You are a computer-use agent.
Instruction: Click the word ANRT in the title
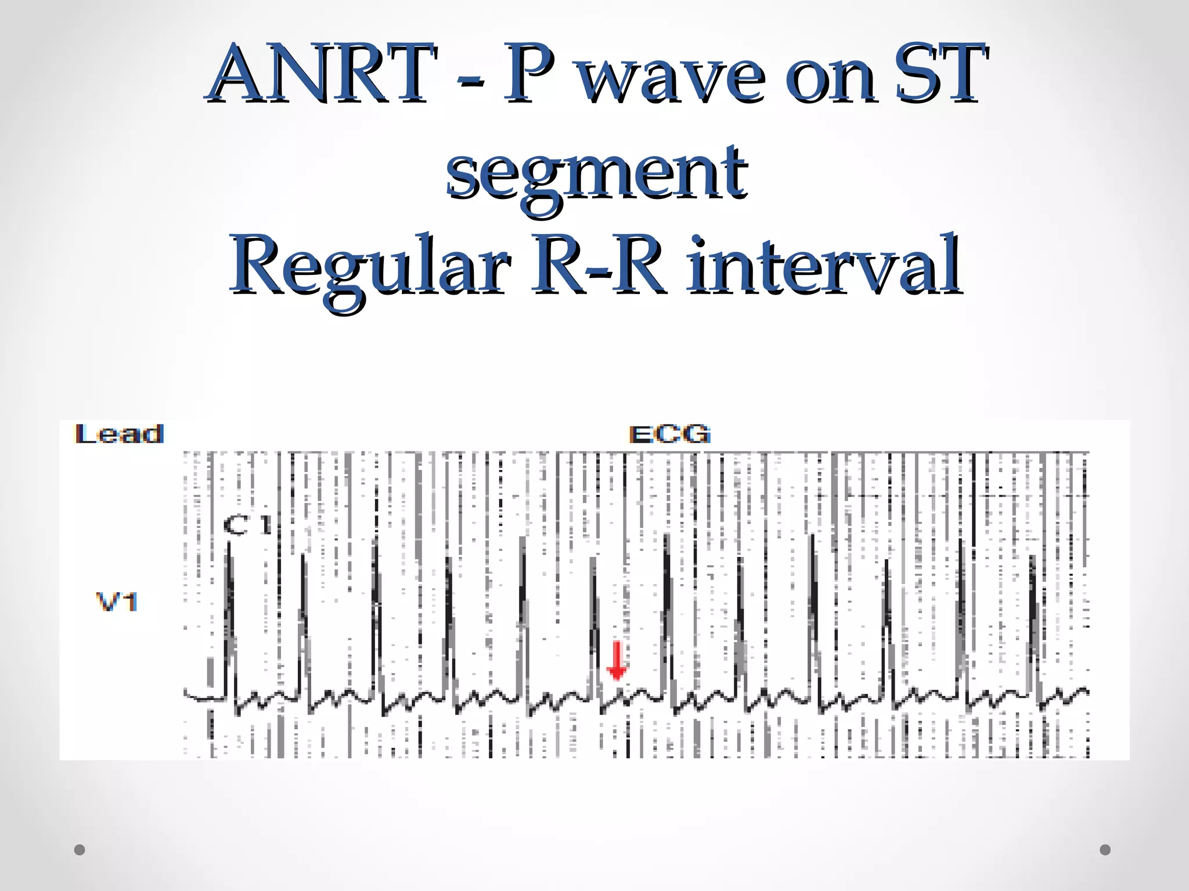(322, 74)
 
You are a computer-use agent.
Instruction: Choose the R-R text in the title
(597, 267)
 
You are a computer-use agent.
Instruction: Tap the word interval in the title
(824, 267)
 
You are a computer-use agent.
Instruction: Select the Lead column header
(120, 434)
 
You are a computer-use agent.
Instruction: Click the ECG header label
(669, 434)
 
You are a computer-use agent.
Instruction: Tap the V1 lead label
(117, 602)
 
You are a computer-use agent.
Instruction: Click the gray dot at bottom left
(80, 850)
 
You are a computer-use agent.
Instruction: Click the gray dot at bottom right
(1105, 850)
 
